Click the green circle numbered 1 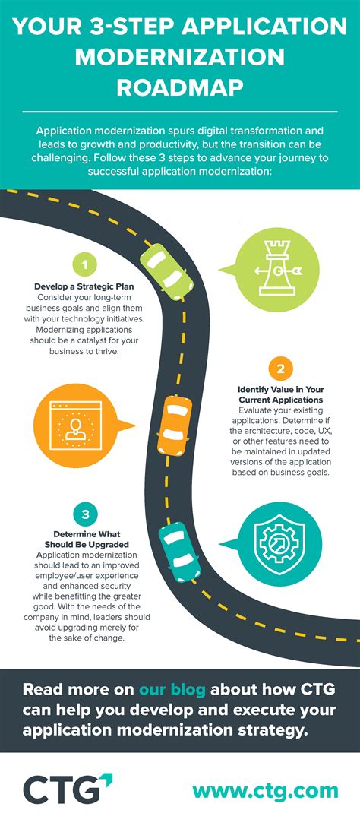[84, 265]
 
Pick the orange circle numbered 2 [279, 370]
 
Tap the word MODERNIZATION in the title [180, 57]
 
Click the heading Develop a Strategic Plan [84, 286]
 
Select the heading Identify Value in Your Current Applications [279, 394]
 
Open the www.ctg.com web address [265, 790]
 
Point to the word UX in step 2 [333, 430]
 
